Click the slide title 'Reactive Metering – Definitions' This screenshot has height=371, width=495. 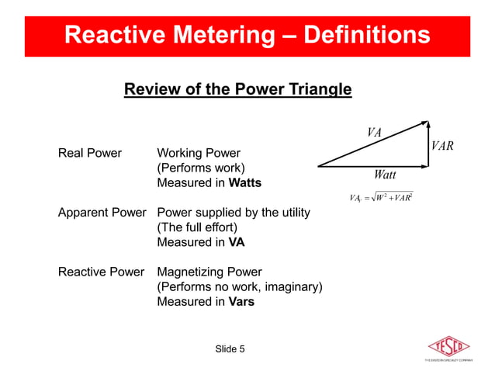click(x=247, y=35)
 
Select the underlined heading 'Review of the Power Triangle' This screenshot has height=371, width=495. click(x=238, y=90)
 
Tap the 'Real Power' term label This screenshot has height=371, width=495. click(x=90, y=153)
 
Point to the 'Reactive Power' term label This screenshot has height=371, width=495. click(x=101, y=272)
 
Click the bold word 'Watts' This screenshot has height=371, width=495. click(x=245, y=183)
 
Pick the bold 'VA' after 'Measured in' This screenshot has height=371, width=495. click(x=237, y=242)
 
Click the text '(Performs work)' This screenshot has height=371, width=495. click(x=201, y=168)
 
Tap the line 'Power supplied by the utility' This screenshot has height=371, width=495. click(x=234, y=212)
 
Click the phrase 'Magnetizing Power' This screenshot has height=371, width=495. click(x=209, y=272)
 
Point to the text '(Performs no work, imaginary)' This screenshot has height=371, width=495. click(x=240, y=287)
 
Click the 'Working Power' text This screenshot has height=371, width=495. click(x=199, y=153)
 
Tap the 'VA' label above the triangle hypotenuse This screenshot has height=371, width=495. click(x=374, y=132)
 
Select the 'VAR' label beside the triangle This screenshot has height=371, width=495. click(x=442, y=146)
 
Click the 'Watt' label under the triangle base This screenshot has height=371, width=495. click(x=385, y=175)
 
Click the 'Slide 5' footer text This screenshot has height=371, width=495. click(x=230, y=348)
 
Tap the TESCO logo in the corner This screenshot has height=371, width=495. click(x=449, y=347)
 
